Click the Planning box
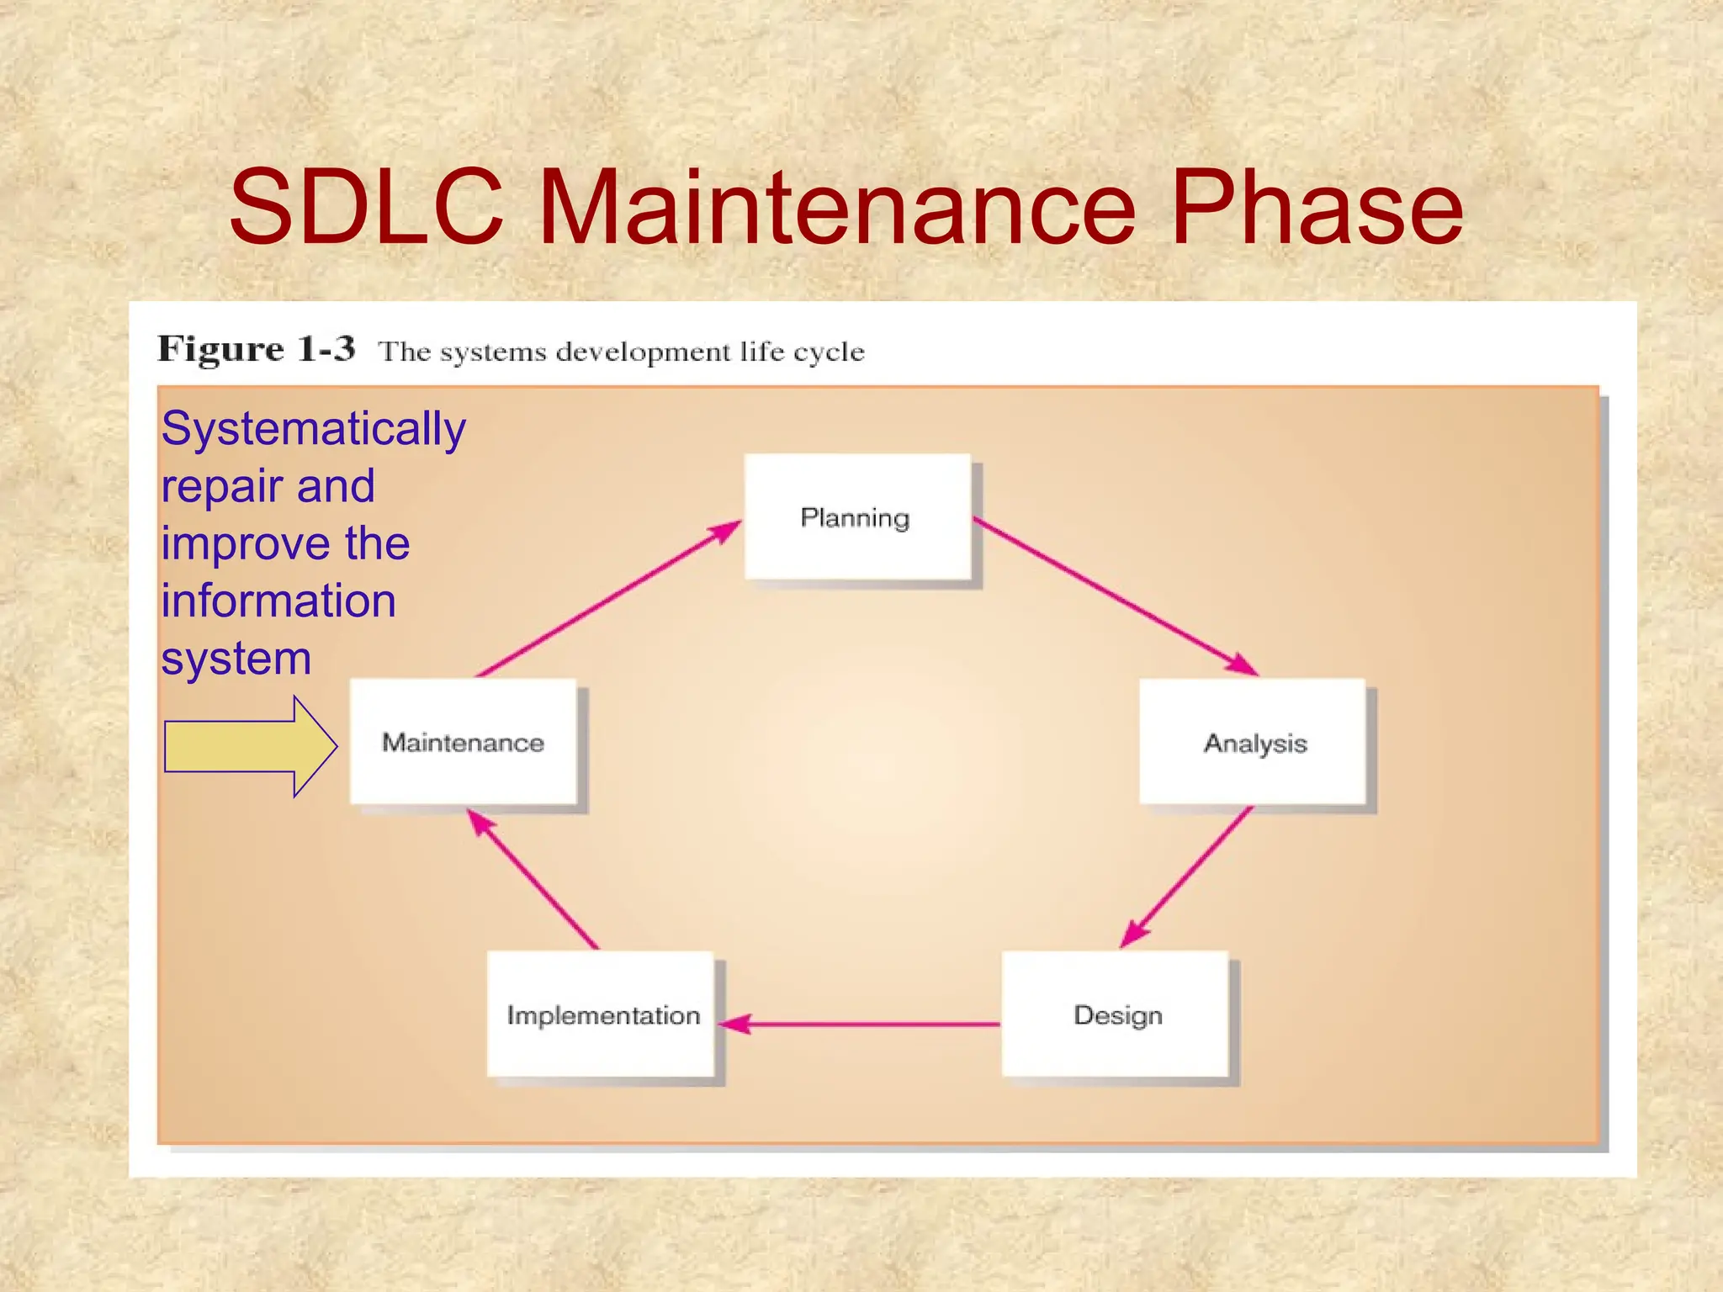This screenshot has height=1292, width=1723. (x=856, y=516)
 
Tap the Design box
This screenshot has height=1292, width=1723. (x=1116, y=1014)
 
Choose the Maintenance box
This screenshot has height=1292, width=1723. (x=463, y=742)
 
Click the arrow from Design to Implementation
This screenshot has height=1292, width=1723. (x=858, y=1025)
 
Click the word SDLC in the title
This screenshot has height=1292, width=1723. (x=367, y=207)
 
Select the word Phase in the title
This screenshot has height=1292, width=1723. (x=1316, y=207)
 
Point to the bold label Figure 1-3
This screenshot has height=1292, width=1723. (x=257, y=349)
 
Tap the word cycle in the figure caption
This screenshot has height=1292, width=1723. (x=829, y=352)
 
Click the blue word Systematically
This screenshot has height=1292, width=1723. (x=313, y=429)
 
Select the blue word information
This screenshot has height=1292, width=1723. (x=278, y=601)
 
